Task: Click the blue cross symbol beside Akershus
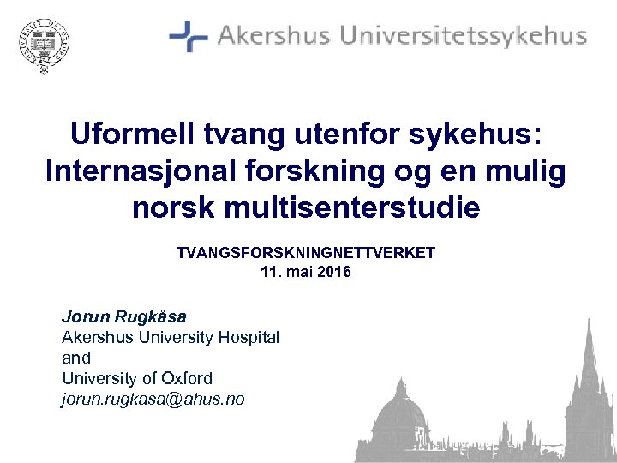click(188, 36)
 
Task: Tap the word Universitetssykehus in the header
click(464, 37)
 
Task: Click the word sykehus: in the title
click(489, 136)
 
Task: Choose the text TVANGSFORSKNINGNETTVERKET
click(306, 253)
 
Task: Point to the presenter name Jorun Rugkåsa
click(123, 316)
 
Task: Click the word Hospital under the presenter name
click(247, 337)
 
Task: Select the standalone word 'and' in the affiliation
click(76, 358)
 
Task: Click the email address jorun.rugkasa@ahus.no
click(153, 399)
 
